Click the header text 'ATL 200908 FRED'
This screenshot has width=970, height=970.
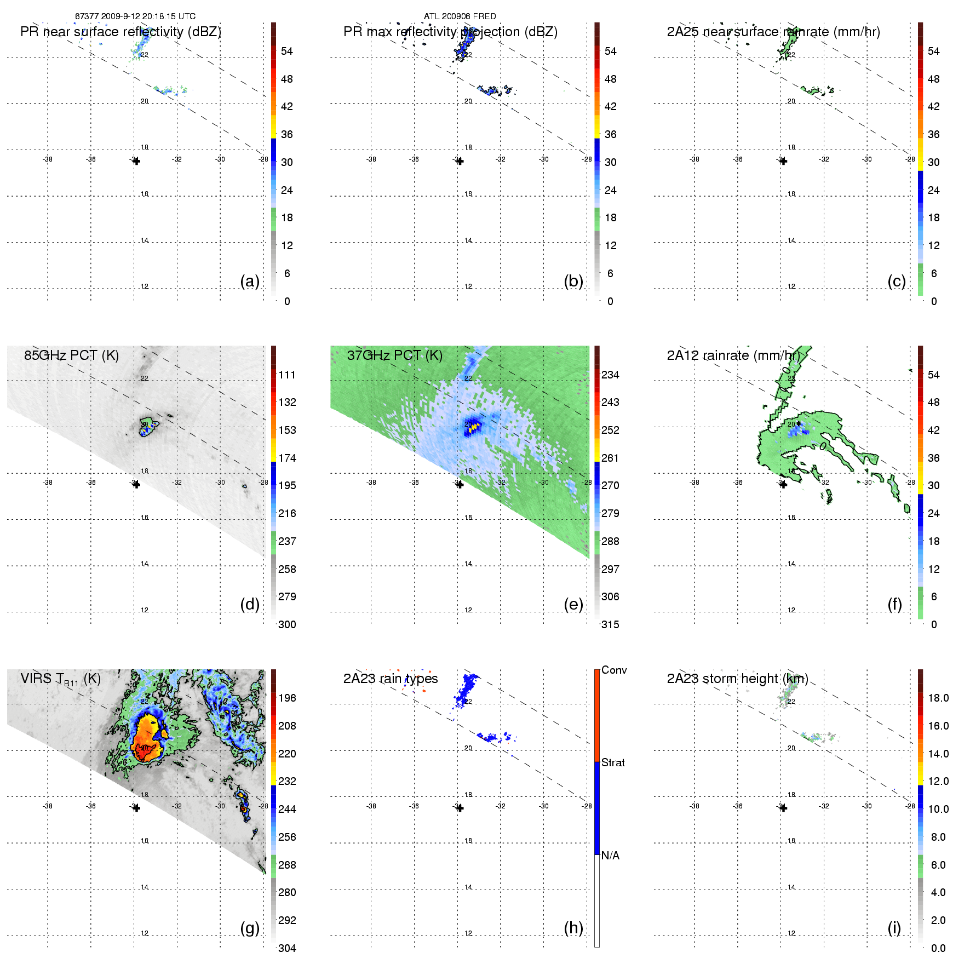tap(460, 16)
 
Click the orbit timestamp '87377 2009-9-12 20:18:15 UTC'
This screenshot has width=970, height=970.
tap(135, 16)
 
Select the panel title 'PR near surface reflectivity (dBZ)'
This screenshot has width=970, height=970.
tap(120, 32)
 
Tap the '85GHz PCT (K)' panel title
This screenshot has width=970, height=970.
tap(71, 355)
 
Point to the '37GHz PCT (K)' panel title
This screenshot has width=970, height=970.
tap(394, 355)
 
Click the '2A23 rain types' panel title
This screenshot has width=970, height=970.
tap(390, 679)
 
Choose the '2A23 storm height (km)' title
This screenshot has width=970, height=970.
tap(737, 679)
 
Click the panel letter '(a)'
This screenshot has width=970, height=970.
tap(249, 281)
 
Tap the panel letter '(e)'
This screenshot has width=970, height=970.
tap(573, 604)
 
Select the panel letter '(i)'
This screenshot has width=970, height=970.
tap(894, 928)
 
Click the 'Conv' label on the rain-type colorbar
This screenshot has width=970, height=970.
tap(614, 670)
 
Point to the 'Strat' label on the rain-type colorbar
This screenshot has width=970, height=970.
tap(613, 762)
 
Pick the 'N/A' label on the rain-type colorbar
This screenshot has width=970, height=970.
tap(610, 856)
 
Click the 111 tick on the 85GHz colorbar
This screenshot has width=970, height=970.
tap(287, 375)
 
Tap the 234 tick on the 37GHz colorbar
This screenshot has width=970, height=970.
tap(610, 375)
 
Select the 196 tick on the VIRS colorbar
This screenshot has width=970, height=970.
tap(287, 698)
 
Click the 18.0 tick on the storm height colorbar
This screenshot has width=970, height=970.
tap(938, 698)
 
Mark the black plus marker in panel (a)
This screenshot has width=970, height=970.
tap(136, 161)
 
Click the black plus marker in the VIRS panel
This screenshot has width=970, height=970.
tap(136, 808)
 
